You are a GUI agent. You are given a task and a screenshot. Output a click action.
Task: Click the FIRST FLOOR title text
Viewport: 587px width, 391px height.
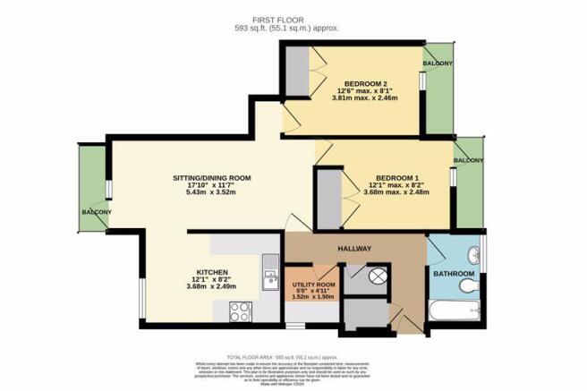(293, 17)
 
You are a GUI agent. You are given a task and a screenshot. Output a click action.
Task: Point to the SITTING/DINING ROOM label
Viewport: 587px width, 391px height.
(211, 179)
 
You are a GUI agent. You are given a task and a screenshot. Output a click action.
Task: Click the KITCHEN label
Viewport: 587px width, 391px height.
(211, 272)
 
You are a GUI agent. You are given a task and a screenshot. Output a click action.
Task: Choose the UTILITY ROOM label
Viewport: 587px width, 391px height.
(313, 285)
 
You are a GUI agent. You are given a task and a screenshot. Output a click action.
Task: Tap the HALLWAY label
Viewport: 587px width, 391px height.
(354, 248)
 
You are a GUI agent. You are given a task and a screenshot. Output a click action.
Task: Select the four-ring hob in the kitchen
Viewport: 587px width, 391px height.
(240, 311)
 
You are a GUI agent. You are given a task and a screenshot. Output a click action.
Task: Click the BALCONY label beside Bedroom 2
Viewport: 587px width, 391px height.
(438, 64)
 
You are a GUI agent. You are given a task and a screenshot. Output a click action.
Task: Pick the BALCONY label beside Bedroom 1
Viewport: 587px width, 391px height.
(469, 160)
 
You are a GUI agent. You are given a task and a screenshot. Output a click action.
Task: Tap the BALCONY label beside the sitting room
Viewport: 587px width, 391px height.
(96, 212)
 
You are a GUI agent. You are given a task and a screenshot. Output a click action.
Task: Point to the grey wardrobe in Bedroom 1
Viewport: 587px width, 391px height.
(328, 199)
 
